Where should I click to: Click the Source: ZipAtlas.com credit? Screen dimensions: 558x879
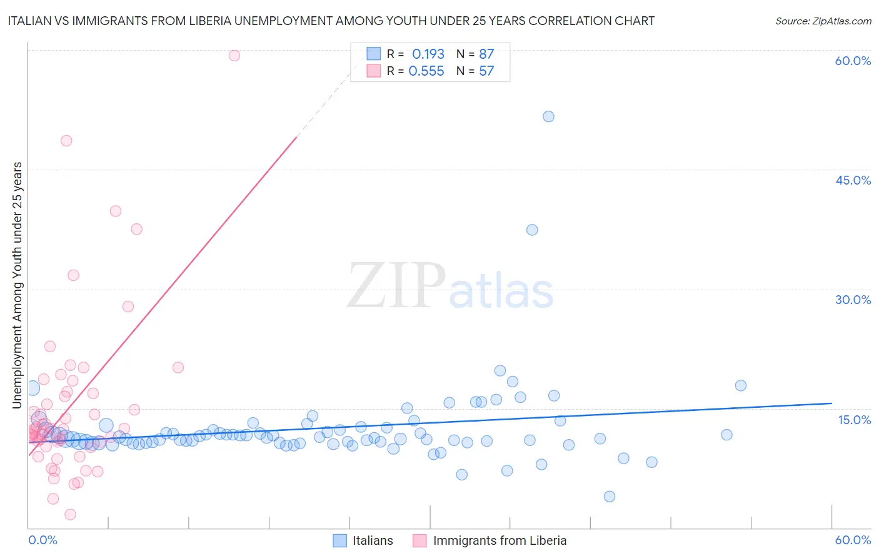click(x=823, y=21)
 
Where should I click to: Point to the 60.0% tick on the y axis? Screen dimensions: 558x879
click(x=853, y=61)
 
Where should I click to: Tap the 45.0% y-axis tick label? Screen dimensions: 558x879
click(x=853, y=180)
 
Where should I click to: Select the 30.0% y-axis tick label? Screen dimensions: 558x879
click(x=853, y=300)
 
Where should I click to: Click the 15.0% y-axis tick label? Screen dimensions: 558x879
click(x=854, y=420)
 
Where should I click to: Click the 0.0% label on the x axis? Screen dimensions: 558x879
click(x=43, y=540)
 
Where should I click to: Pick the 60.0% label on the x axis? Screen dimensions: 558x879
click(x=853, y=540)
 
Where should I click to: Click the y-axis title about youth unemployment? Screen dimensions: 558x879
click(x=18, y=285)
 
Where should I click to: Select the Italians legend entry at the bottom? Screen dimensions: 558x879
click(x=373, y=540)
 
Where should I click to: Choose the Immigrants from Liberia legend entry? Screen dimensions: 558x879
click(x=500, y=540)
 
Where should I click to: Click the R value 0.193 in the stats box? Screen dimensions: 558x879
click(x=428, y=54)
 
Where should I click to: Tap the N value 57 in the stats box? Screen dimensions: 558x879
click(x=486, y=71)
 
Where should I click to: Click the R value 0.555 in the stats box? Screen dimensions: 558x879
click(x=426, y=71)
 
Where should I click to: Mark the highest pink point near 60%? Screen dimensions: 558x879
click(x=234, y=55)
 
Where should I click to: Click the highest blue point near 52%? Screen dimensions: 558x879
click(x=548, y=116)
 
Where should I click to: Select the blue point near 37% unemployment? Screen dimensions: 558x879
click(x=532, y=230)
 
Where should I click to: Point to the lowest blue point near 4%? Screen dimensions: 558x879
click(x=610, y=497)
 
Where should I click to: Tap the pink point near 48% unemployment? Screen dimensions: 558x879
click(x=66, y=141)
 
